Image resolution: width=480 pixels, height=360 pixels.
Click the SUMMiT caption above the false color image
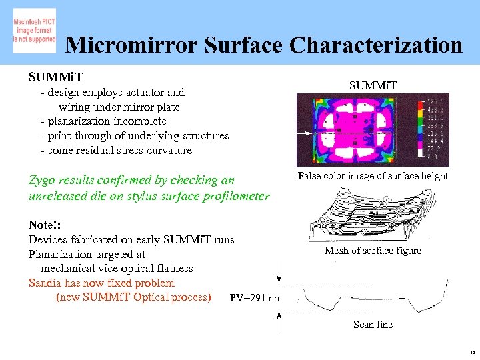pos(373,85)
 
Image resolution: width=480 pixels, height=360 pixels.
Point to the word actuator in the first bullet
pos(147,93)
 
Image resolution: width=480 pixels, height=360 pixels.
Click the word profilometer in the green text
pos(237,196)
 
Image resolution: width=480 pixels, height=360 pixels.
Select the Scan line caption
pos(373,325)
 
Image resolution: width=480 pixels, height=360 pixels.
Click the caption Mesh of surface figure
pos(373,251)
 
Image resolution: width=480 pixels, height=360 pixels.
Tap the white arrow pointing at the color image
pos(306,133)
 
